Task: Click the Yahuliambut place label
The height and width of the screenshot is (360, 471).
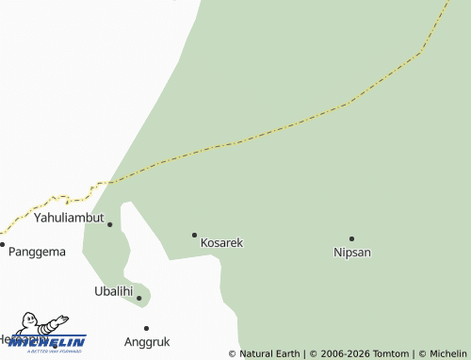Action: click(69, 217)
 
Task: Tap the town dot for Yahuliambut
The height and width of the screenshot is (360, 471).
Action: click(110, 224)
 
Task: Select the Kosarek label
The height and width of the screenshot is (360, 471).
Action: click(221, 242)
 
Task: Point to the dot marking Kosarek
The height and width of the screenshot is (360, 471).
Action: click(195, 235)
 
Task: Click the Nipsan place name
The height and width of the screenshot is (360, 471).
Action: click(352, 252)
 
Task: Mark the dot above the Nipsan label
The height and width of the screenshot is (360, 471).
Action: click(351, 238)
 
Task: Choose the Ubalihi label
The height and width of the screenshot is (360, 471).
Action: click(113, 291)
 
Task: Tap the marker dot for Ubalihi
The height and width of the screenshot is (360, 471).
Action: click(139, 299)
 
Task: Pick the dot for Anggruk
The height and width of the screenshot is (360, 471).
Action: click(146, 328)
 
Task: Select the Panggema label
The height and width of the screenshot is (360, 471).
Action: click(37, 252)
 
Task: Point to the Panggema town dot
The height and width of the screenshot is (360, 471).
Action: click(3, 245)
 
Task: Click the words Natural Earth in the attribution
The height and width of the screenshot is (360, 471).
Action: click(269, 353)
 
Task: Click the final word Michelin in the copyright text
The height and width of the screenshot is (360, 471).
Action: click(447, 353)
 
